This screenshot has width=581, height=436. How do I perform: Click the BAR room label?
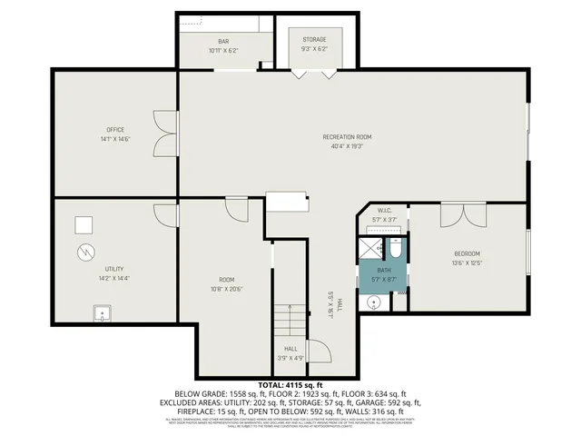(x=223, y=41)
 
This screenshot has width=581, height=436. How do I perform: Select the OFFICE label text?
(x=114, y=129)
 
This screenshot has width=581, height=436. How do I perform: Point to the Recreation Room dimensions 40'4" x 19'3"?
(x=347, y=145)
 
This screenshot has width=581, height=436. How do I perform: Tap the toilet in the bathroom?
(x=396, y=248)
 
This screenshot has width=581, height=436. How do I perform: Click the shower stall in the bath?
(x=373, y=248)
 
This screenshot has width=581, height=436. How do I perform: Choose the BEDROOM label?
(x=467, y=253)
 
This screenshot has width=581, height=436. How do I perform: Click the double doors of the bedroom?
(x=464, y=215)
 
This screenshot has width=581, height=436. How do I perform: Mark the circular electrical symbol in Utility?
(x=84, y=251)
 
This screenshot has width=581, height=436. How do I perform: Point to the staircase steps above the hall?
(x=290, y=320)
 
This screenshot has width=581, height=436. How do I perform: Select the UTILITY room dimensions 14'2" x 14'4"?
(x=114, y=278)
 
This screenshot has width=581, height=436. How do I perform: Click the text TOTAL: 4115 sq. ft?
(x=290, y=386)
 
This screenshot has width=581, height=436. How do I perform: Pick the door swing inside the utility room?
(x=166, y=215)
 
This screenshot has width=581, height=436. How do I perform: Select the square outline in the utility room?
(x=84, y=225)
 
